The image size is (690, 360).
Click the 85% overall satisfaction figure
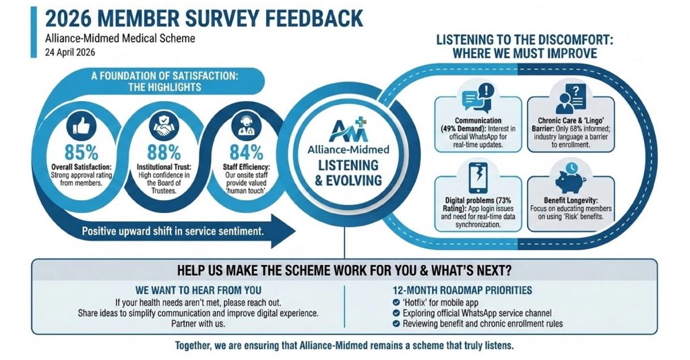coord(82,152)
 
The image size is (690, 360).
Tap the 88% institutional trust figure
coord(164,152)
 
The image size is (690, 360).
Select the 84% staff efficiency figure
coord(246,152)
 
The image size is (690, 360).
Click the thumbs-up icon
coord(82,125)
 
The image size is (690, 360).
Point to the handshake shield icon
coord(164,125)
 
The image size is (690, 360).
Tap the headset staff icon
coord(246,125)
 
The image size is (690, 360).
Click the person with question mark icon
coord(571,99)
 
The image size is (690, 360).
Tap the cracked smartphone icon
coord(478,177)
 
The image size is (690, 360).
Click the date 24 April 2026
coord(70,53)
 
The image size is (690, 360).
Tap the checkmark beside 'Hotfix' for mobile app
coord(396,302)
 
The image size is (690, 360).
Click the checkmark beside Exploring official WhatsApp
coord(396,313)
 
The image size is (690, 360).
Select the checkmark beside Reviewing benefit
coord(396,324)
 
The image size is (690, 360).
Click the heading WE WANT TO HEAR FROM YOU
coord(198,291)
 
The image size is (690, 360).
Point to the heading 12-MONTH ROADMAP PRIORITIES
coord(462,291)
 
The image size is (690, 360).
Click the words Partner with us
coord(198,324)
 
